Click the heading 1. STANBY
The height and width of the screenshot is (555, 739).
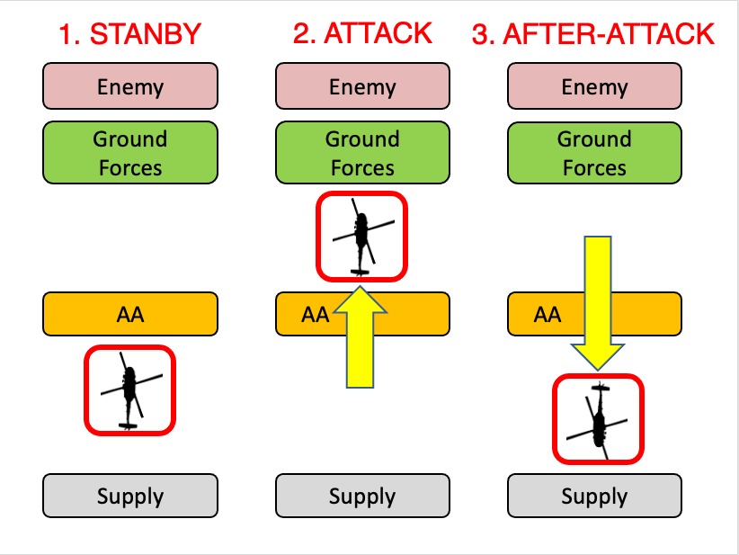point(130,35)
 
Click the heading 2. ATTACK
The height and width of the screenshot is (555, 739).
point(362,33)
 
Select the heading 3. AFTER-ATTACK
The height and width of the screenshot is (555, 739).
point(593,35)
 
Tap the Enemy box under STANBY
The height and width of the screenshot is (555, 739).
point(130,87)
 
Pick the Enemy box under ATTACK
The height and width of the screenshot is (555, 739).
point(362,87)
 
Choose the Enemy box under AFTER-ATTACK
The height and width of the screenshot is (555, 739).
point(594,87)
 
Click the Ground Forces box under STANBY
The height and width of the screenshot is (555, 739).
point(130,154)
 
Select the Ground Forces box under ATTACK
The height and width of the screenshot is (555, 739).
point(362,154)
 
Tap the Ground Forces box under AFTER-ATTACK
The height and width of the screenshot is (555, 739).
point(594,154)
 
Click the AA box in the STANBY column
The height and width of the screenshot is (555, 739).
point(130,314)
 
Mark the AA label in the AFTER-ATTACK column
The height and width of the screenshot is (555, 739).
point(548,314)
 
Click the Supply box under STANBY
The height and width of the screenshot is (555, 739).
point(130,496)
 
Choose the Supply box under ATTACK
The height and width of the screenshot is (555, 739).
point(362,496)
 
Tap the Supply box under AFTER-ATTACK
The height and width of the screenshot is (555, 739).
point(594,496)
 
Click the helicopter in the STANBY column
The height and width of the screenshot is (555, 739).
point(129,389)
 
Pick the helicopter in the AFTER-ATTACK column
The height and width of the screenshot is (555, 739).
point(598,419)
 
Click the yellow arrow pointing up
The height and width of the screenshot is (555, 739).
point(360,337)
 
